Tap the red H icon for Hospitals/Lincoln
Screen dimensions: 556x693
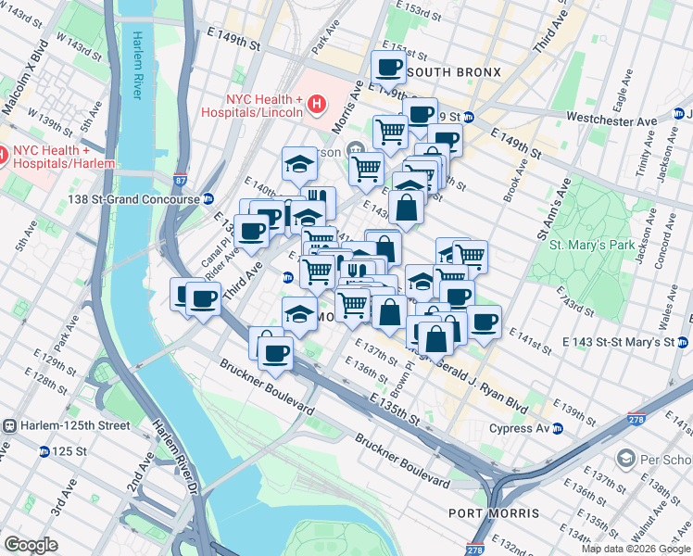click(316, 104)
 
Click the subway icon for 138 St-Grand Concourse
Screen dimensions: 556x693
click(209, 198)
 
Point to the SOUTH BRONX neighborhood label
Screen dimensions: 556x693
click(453, 72)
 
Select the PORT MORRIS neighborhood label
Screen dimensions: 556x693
click(493, 513)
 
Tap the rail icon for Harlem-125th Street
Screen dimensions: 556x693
click(9, 425)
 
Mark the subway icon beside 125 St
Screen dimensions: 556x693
click(44, 451)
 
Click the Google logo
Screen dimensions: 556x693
click(31, 545)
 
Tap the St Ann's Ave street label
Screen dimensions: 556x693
click(550, 216)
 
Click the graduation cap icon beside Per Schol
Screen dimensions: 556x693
click(627, 460)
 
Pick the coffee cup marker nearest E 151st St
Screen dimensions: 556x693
click(388, 67)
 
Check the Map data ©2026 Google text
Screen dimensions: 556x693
click(635, 549)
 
